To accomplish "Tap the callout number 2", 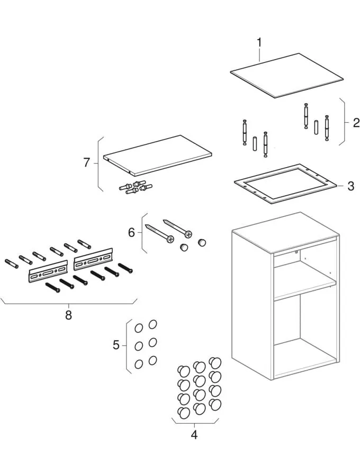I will click(356, 123).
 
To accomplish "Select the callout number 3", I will click(350, 186).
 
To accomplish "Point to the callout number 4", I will click(194, 435).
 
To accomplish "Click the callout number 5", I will click(116, 345).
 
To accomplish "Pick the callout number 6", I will click(132, 232).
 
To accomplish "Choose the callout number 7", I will click(87, 163).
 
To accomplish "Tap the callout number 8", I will click(68, 315).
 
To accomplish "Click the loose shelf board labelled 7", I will click(159, 154).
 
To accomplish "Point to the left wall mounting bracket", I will click(48, 272).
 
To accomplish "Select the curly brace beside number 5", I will click(128, 346).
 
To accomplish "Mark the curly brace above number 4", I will click(194, 423).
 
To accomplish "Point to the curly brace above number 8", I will click(68, 304).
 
